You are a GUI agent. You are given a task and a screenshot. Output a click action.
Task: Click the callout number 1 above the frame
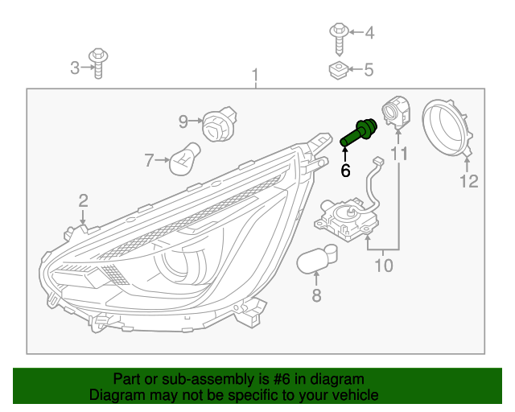pos(255,76)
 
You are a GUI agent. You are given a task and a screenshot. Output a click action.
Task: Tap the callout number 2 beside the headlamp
pos(82,200)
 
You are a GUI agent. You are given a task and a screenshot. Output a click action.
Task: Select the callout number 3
pos(75,68)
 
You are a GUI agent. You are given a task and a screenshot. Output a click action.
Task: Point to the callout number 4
pos(369,33)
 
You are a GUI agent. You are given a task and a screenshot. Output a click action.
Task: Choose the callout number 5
pos(369,70)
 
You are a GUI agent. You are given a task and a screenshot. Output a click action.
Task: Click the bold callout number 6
pos(346,170)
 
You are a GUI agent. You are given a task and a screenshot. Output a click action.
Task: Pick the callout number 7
pos(149,161)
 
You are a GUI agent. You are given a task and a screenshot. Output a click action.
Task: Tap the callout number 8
pos(316,296)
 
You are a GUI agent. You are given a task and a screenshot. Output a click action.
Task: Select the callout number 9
pos(183,122)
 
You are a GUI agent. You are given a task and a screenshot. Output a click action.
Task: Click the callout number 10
pos(384,264)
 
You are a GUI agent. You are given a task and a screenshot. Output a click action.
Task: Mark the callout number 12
pos(468,181)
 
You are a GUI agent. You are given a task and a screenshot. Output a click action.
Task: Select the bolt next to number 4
pos(338,35)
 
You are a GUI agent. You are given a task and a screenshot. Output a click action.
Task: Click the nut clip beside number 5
pos(338,71)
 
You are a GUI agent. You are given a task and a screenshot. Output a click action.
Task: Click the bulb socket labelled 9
pos(215,125)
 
